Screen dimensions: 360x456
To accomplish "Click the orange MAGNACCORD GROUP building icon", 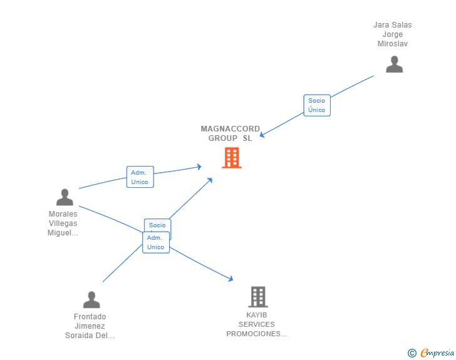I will point(232,158).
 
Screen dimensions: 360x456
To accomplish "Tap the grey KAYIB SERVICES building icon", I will point(257,296).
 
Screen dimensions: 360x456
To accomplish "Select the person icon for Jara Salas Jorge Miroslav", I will point(394,64).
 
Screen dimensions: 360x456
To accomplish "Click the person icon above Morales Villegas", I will point(65,197).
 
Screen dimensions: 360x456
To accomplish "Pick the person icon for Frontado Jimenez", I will point(91,300).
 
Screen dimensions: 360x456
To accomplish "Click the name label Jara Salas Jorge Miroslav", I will point(393,34).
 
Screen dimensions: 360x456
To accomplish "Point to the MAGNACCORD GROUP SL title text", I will point(231,133).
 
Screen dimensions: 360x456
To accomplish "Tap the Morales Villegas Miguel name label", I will point(63,224).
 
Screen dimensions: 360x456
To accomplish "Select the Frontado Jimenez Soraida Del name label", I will point(90,326).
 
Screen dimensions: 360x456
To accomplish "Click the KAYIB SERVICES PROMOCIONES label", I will point(257,324).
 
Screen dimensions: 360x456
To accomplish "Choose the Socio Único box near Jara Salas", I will point(317,105).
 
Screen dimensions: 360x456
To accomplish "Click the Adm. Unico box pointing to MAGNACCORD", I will point(140,177).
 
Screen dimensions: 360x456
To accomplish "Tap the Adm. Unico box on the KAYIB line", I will point(156,242).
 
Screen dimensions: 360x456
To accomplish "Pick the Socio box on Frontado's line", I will point(157,225).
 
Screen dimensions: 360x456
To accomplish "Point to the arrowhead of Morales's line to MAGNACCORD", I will point(199,167).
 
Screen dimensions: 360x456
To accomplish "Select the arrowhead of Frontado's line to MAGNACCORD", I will point(210,180).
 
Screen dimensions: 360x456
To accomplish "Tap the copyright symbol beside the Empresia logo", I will point(412,353).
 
